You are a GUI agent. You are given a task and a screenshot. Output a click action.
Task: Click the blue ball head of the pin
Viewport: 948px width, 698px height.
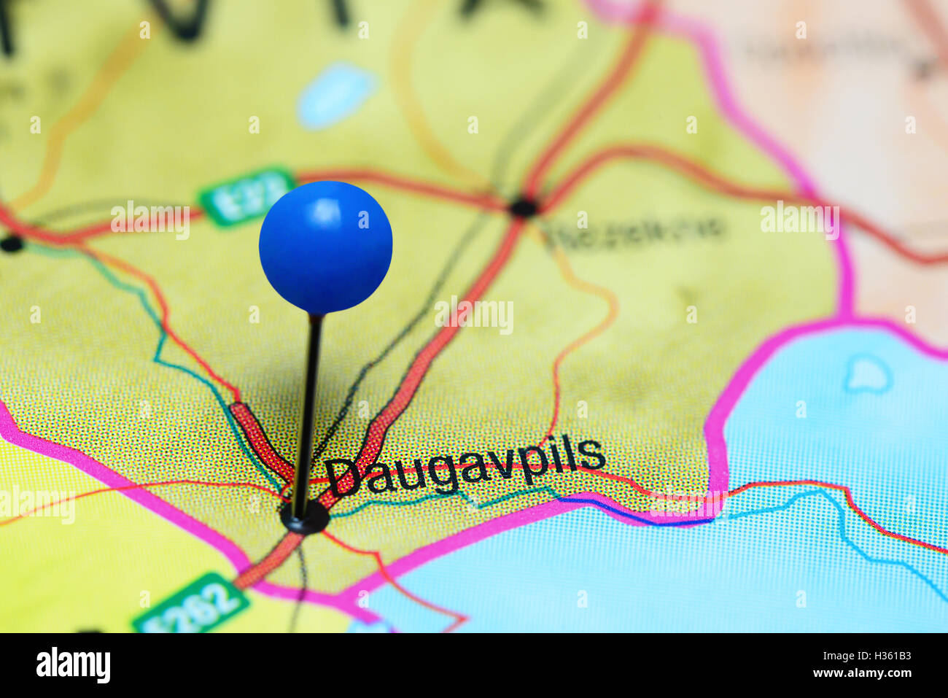pyautogui.click(x=325, y=247)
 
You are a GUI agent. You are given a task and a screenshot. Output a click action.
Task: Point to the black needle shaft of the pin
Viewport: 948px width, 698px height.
pyautogui.click(x=308, y=408)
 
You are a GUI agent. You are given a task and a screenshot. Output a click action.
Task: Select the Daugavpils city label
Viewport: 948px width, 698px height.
pyautogui.click(x=465, y=468)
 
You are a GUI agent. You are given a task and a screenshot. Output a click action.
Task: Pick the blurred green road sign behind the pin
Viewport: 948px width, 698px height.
pyautogui.click(x=245, y=195)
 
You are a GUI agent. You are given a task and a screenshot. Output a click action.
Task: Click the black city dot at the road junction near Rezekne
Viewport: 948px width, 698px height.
pyautogui.click(x=523, y=208)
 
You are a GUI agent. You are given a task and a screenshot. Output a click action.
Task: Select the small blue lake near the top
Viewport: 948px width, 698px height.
pyautogui.click(x=335, y=96)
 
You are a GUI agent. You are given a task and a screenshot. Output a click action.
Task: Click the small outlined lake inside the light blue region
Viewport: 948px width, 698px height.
pyautogui.click(x=867, y=375)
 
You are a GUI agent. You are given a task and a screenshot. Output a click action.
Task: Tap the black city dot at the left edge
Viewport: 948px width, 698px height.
pyautogui.click(x=11, y=244)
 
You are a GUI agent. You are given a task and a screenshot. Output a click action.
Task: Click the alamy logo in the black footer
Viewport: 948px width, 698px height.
pyautogui.click(x=73, y=665)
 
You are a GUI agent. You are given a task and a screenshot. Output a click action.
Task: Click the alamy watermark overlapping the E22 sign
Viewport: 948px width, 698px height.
pyautogui.click(x=150, y=220)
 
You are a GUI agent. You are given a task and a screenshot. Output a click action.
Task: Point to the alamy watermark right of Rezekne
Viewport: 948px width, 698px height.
pyautogui.click(x=799, y=220)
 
